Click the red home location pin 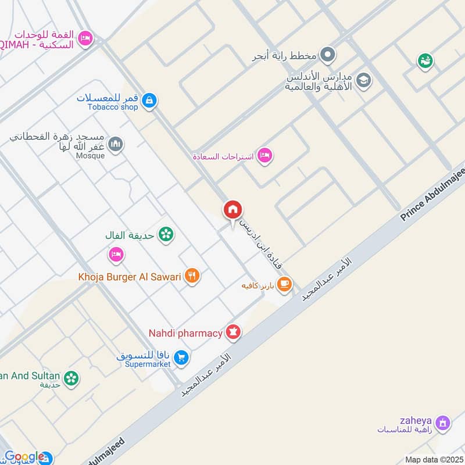[233, 210]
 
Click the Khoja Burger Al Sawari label [130, 276]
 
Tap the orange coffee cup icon [284, 284]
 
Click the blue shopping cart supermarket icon [181, 358]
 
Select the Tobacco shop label [113, 107]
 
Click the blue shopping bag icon [150, 101]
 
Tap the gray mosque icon [116, 143]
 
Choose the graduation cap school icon [364, 80]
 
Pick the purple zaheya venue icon [443, 423]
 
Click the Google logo [24, 457]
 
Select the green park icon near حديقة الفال [166, 234]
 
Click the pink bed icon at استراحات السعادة [265, 155]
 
